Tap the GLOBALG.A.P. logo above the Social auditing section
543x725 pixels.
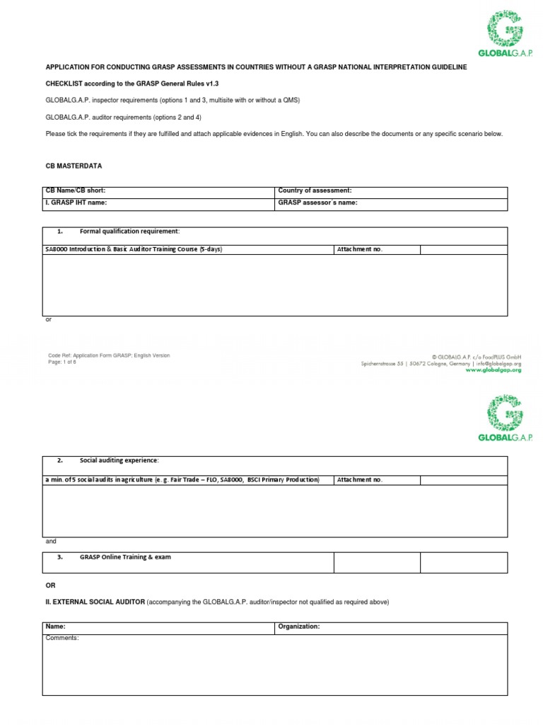point(504,417)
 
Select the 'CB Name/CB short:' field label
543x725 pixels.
point(76,190)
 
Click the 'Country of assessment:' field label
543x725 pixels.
point(315,190)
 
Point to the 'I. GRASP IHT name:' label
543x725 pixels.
point(76,202)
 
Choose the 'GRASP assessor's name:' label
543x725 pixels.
point(317,202)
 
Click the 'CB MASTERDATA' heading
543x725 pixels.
point(74,166)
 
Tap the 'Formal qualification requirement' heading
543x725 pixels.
point(129,232)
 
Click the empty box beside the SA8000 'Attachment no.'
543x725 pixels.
point(463,249)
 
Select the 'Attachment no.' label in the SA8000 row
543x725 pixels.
point(360,249)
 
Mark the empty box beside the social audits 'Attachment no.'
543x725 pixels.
point(463,479)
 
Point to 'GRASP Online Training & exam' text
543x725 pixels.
point(125,557)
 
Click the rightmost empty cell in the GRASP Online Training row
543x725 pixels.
point(463,562)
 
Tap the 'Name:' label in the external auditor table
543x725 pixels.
point(56,627)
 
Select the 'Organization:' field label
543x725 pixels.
point(299,627)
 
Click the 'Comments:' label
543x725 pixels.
point(62,638)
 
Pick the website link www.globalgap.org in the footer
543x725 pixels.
point(493,370)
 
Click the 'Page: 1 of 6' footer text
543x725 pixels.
point(62,362)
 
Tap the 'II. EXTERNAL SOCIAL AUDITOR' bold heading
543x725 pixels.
point(95,602)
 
